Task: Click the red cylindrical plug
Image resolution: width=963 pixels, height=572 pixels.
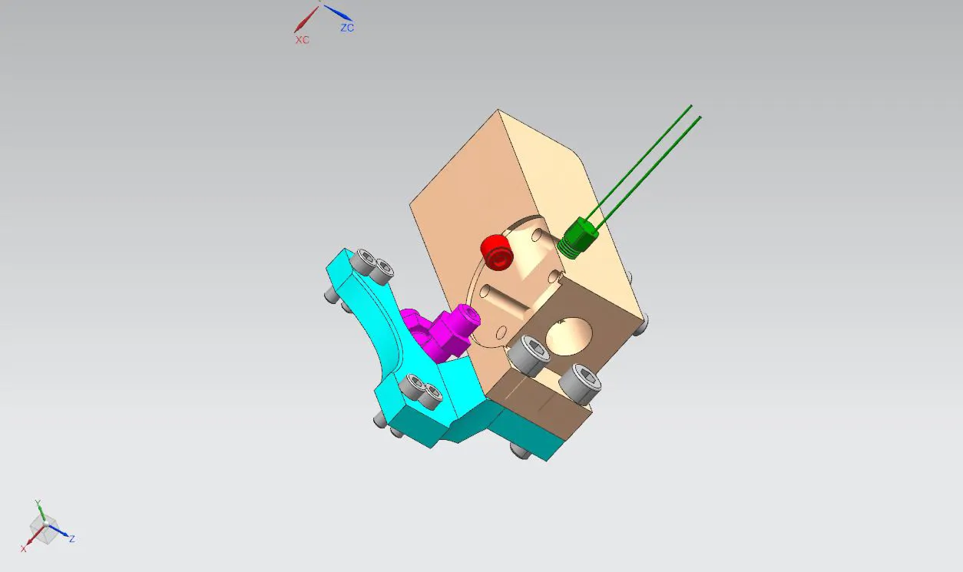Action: pyautogui.click(x=497, y=253)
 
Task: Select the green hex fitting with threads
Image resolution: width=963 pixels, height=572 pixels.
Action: pyautogui.click(x=577, y=238)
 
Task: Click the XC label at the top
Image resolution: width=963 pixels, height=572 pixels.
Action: pyautogui.click(x=303, y=40)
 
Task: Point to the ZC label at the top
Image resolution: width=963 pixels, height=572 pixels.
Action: pyautogui.click(x=347, y=28)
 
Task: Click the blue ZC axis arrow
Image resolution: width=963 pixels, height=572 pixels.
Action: pyautogui.click(x=338, y=13)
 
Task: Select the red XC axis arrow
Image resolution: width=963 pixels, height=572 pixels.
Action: pyautogui.click(x=306, y=20)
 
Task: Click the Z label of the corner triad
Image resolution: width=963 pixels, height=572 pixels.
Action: pyautogui.click(x=72, y=539)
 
